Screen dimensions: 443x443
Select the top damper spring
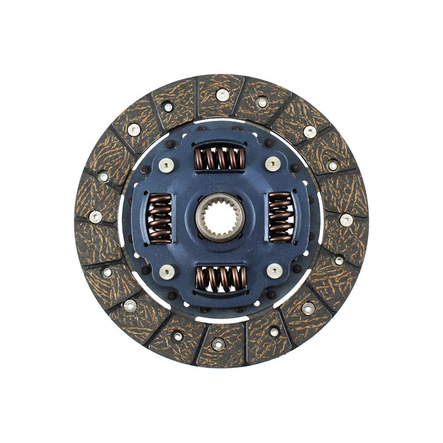(220, 158)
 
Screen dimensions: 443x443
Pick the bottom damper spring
(221, 278)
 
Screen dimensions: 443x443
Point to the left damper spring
(159, 218)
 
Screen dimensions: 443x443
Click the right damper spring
(280, 218)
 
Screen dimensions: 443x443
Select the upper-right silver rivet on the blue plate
(272, 164)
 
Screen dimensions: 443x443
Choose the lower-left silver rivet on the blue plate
(167, 271)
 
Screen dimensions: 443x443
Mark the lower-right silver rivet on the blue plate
(274, 271)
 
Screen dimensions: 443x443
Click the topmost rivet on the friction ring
(222, 94)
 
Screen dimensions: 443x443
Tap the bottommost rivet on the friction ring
(218, 344)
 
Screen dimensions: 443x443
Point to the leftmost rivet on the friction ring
(95, 217)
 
